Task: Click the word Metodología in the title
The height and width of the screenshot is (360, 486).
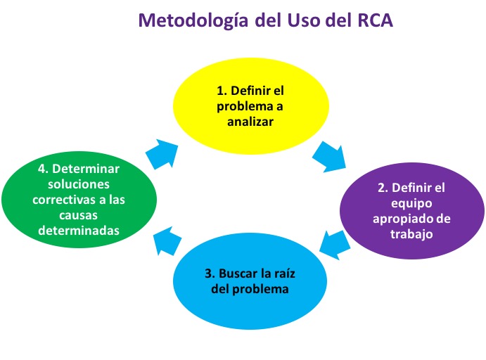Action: tap(193, 21)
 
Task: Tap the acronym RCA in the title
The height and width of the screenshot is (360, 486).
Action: tap(376, 20)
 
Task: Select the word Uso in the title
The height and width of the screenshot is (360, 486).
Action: tap(304, 20)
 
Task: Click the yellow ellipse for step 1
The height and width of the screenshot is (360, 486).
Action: tap(250, 106)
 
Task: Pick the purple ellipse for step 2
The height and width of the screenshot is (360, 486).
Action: tap(412, 211)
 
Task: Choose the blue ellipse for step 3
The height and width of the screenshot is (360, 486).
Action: tap(250, 281)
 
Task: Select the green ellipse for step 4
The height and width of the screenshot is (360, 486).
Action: tap(79, 200)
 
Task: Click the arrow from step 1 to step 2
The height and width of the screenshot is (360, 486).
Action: tap(329, 157)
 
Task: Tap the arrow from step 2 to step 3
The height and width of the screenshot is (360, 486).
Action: tap(335, 245)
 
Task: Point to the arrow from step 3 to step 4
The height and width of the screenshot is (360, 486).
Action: tap(167, 240)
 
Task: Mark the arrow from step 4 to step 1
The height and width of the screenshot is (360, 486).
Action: tap(162, 154)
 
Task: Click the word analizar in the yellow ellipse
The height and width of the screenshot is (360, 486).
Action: tap(250, 122)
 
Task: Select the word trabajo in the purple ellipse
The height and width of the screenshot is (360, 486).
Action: tap(411, 234)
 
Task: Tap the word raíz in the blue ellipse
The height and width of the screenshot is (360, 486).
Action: tap(285, 274)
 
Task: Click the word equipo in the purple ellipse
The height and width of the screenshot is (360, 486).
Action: tap(411, 204)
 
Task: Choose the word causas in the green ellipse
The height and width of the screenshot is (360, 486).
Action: tap(78, 215)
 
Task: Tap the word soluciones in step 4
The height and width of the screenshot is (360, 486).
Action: tap(79, 184)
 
